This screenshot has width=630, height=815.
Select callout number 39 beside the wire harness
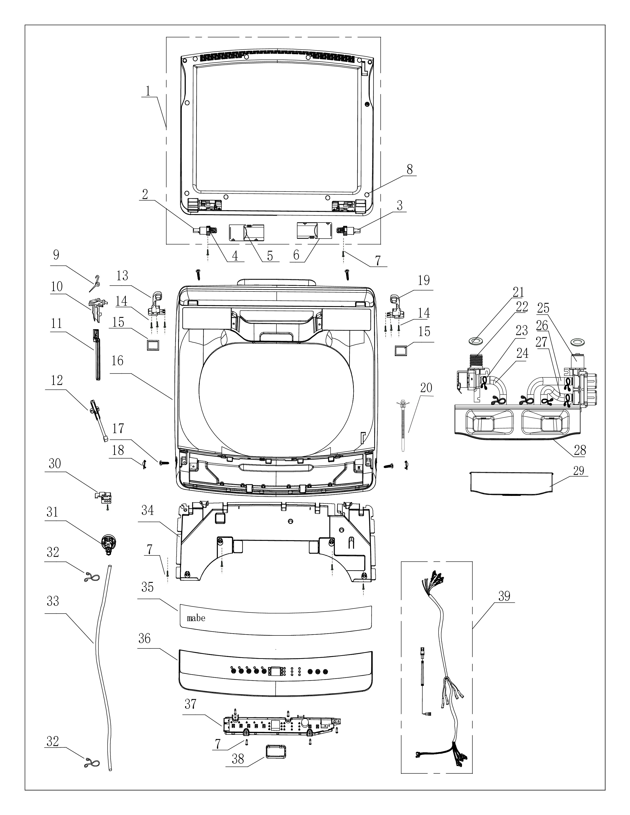click(504, 596)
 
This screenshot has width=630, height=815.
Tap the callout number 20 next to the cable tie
click(426, 388)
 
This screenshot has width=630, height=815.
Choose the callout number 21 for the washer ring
click(518, 292)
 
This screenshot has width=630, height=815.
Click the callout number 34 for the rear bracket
click(147, 510)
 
